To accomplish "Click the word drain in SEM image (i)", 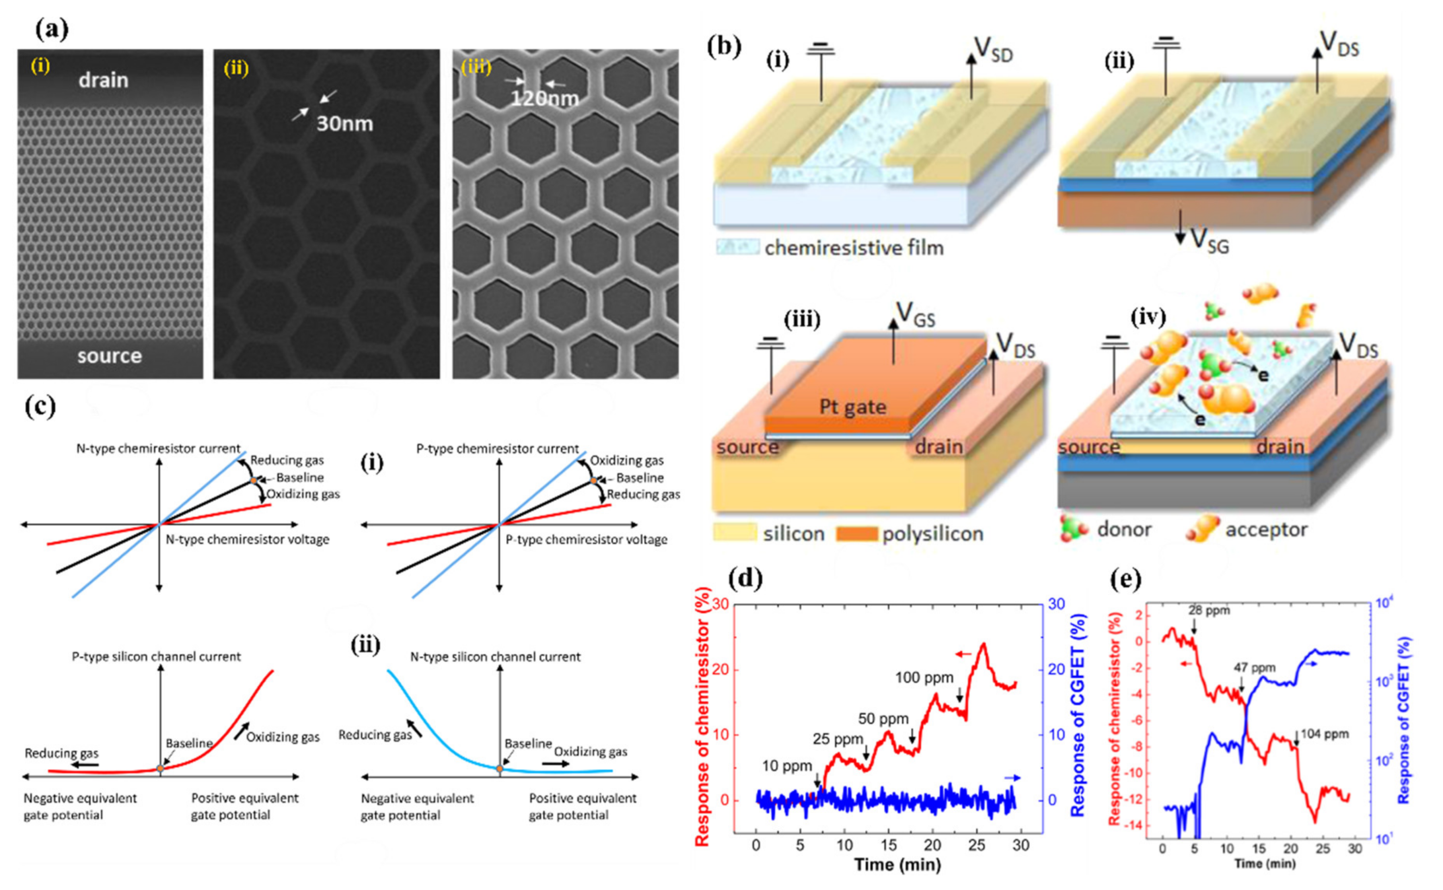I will click(x=104, y=80).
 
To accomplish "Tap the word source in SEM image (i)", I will click(x=109, y=356).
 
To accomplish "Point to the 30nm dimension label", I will click(x=344, y=124).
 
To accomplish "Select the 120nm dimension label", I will click(x=544, y=98).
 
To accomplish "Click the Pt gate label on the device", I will click(x=852, y=407).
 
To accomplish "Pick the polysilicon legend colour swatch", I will click(x=857, y=534).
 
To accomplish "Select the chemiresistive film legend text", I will click(x=854, y=248).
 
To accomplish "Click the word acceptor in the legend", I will click(x=1266, y=529).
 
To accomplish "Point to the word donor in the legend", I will click(x=1123, y=529).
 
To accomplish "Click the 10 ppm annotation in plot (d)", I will click(x=787, y=766).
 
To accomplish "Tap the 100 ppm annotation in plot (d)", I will click(x=924, y=677).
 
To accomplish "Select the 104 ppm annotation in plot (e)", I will click(x=1324, y=734).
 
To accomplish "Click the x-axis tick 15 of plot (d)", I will click(x=888, y=845).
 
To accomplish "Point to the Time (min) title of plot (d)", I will click(x=897, y=865).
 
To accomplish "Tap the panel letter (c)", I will click(x=40, y=407).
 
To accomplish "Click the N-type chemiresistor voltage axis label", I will click(x=247, y=539).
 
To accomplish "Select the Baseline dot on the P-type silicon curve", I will click(x=160, y=769).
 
